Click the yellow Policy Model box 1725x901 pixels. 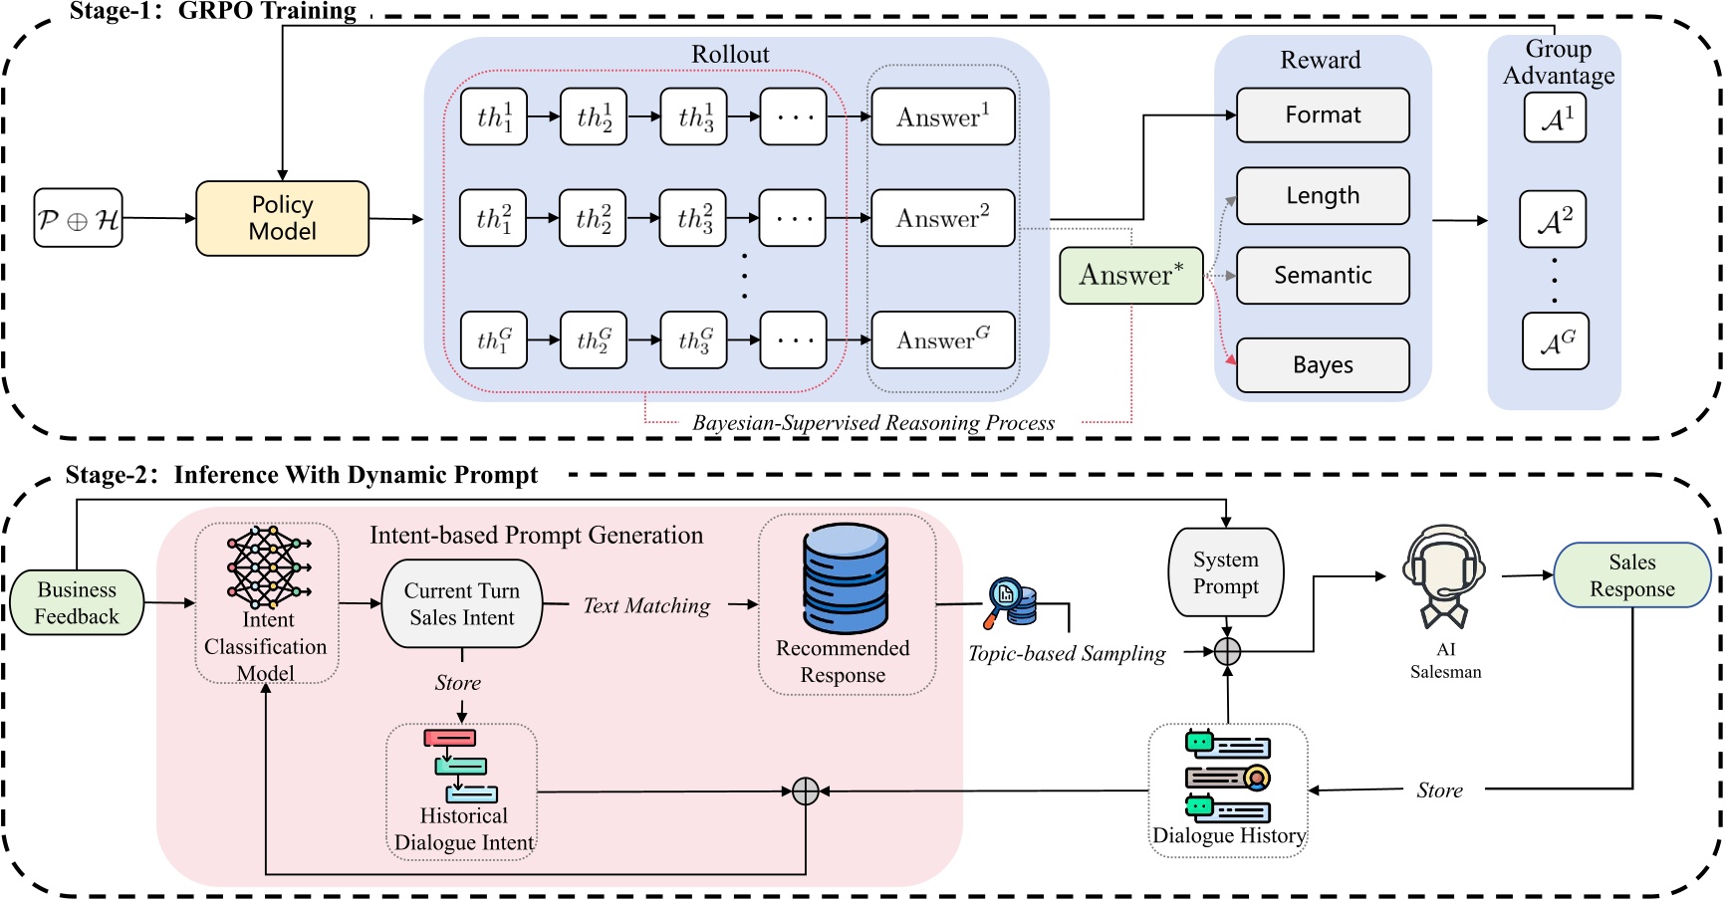click(x=282, y=218)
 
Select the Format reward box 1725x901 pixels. click(x=1322, y=115)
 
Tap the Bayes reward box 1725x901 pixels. click(x=1322, y=365)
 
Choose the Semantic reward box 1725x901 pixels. click(x=1322, y=276)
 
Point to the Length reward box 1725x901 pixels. click(x=1322, y=196)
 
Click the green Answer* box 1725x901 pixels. click(x=1130, y=276)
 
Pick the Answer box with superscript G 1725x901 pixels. click(x=942, y=340)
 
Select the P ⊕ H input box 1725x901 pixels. click(x=78, y=218)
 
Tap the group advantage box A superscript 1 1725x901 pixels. click(x=1554, y=118)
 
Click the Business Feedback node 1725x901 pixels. click(x=77, y=603)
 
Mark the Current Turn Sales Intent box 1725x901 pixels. click(x=462, y=604)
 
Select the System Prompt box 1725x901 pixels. click(x=1225, y=573)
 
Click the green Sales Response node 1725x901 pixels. click(x=1631, y=575)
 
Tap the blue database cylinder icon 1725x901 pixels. click(x=846, y=578)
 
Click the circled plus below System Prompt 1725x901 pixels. click(x=1227, y=652)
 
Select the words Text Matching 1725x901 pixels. click(x=646, y=605)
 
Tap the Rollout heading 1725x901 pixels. click(x=730, y=55)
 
